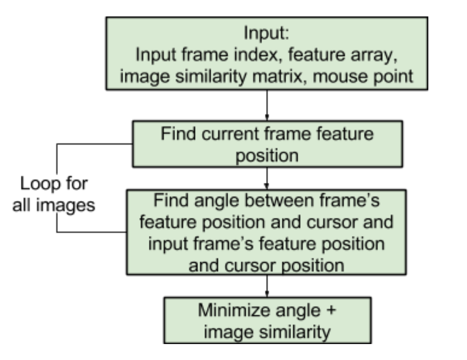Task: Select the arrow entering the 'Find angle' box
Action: (266, 176)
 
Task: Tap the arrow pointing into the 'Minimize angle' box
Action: (266, 286)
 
